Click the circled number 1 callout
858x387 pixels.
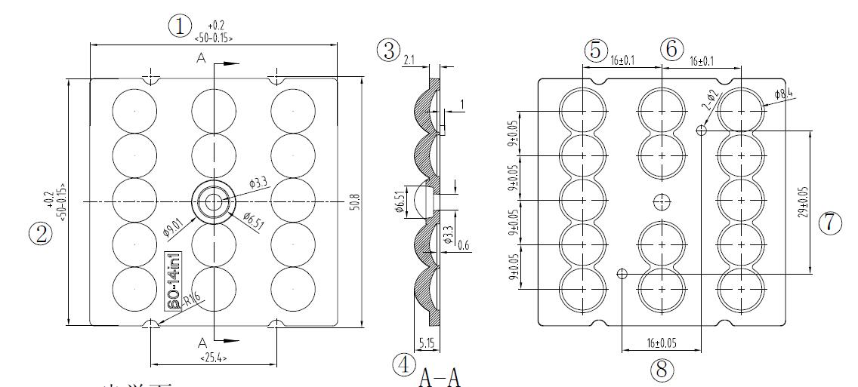point(180,26)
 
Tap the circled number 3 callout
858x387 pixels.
point(388,51)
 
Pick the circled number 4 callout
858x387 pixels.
point(404,366)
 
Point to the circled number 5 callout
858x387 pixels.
point(595,50)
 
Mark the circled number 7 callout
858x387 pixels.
point(829,223)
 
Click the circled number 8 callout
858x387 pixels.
point(662,369)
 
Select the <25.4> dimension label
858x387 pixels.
point(214,357)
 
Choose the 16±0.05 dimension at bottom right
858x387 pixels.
point(661,343)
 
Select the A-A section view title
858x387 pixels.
point(439,375)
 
